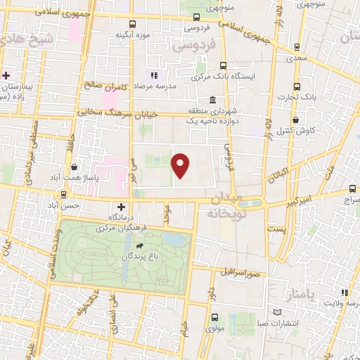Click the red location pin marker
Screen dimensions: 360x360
pyautogui.click(x=181, y=166)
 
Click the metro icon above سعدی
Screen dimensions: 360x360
pyautogui.click(x=297, y=47)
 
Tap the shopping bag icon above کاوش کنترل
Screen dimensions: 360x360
pyautogui.click(x=304, y=120)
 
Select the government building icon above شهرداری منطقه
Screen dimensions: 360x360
pyautogui.click(x=212, y=100)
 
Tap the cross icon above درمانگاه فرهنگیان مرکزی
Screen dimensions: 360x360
pyautogui.click(x=122, y=207)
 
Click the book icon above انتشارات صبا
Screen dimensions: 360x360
pyautogui.click(x=277, y=311)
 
